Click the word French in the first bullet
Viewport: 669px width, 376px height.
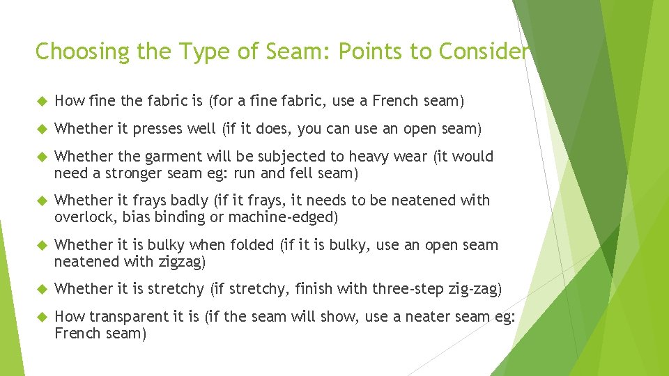pos(395,101)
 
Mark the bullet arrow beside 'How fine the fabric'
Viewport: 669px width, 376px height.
pos(40,101)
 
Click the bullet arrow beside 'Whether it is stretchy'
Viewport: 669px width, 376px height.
pos(40,289)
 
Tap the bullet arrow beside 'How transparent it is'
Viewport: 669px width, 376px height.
pos(40,317)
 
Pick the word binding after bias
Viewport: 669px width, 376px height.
pos(178,217)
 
